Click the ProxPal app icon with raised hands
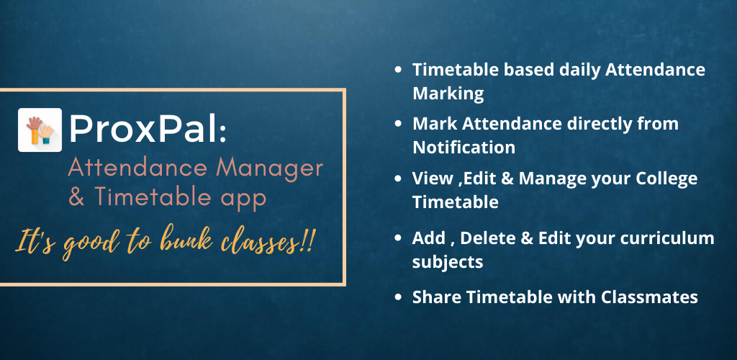click(x=40, y=130)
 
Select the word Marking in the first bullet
click(x=448, y=94)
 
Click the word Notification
click(x=464, y=147)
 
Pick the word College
click(x=666, y=179)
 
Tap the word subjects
click(x=448, y=262)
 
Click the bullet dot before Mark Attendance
click(x=398, y=124)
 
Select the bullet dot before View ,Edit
click(x=398, y=179)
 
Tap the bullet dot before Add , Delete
click(x=398, y=238)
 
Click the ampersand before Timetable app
click(x=77, y=198)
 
